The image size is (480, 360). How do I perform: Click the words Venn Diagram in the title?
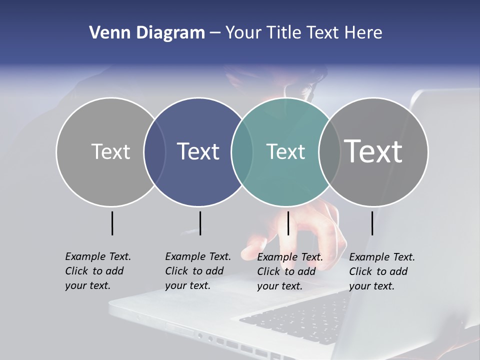[147, 33]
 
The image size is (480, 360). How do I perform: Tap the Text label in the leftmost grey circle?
[110, 151]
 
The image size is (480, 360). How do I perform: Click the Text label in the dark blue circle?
[198, 151]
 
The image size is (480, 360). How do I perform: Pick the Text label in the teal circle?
[285, 151]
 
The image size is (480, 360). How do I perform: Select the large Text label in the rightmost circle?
[373, 151]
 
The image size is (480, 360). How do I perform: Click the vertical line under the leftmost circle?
[112, 223]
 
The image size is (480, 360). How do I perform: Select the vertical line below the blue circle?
[200, 223]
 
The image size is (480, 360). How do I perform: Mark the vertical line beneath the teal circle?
[288, 223]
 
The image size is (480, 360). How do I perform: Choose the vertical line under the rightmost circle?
[372, 223]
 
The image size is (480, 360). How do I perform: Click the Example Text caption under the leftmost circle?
[97, 271]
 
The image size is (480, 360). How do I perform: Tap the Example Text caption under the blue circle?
[197, 271]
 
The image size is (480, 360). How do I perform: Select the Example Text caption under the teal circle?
[289, 271]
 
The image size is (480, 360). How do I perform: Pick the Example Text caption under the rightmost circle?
[381, 271]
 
